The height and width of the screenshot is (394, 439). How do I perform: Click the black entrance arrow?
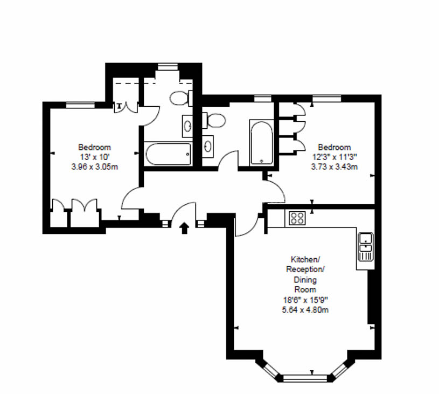coord(184,228)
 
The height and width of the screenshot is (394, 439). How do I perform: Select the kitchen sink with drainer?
coord(366,247)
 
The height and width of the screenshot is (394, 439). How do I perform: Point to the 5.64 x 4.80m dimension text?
coord(305,310)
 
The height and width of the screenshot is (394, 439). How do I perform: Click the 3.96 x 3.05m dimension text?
coord(95,167)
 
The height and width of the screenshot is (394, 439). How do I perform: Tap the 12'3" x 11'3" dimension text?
coord(335,157)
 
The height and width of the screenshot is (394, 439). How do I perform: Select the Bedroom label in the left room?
coord(95,147)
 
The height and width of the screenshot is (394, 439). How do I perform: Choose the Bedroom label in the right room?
coord(335,147)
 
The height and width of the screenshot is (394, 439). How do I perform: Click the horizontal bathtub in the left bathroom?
coord(168,154)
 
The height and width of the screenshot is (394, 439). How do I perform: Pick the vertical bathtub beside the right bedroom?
coord(261,143)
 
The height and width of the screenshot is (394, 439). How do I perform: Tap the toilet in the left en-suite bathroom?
coord(181,98)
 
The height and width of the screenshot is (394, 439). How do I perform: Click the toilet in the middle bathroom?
coord(214,121)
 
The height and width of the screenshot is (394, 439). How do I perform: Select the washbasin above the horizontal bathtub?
coord(187,126)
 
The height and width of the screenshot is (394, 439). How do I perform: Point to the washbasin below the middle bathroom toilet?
coord(208,146)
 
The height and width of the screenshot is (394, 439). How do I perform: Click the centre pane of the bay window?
coord(305,378)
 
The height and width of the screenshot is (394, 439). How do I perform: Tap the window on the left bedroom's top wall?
coord(80,105)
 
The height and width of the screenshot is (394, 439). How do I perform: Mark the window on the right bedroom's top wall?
coord(327,98)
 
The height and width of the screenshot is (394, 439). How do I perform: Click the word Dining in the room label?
coord(305,280)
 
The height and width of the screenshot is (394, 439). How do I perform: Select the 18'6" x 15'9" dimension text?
coord(305,300)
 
